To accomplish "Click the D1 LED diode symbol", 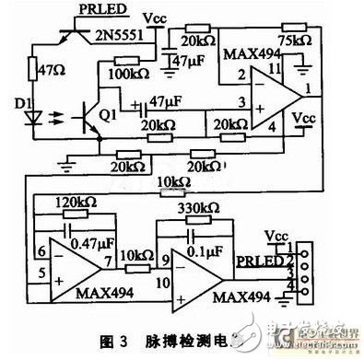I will tap(38, 120).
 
